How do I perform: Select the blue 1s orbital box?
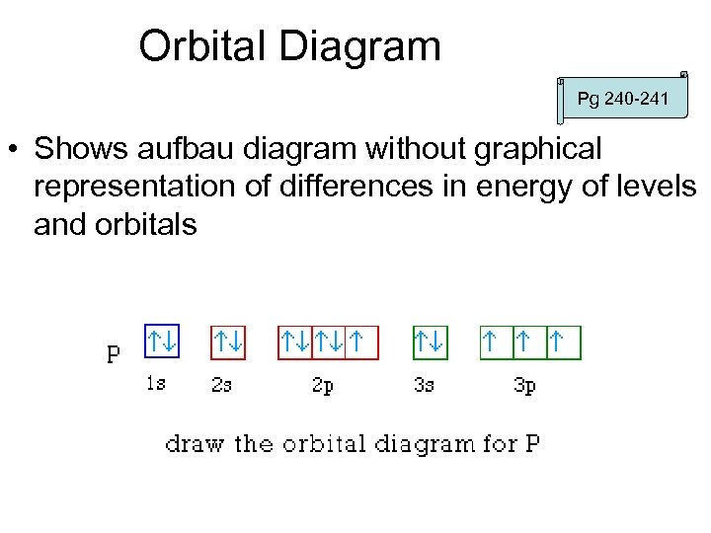click(x=162, y=343)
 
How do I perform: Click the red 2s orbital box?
click(x=229, y=343)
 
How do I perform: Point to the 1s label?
click(x=155, y=384)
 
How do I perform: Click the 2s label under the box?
click(x=222, y=385)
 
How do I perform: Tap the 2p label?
click(x=323, y=386)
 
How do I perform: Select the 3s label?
click(x=424, y=385)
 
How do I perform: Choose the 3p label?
click(x=524, y=386)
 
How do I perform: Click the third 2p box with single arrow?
click(x=362, y=343)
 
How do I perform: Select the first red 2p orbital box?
click(x=295, y=343)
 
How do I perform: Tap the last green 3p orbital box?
click(x=564, y=343)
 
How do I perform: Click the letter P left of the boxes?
click(x=115, y=353)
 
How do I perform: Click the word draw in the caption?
click(x=197, y=443)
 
